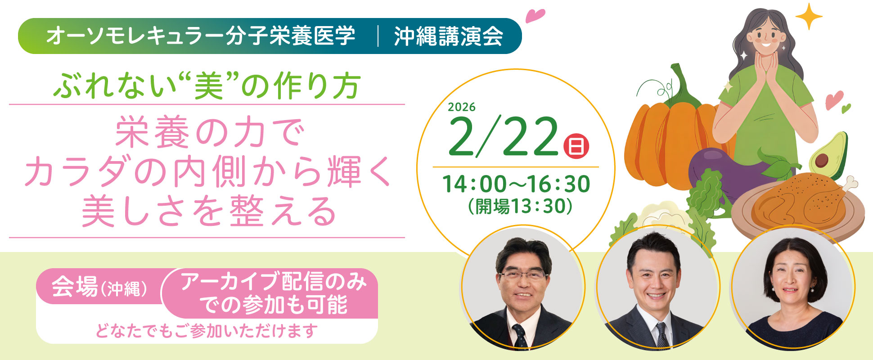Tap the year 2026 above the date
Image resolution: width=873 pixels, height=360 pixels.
462,107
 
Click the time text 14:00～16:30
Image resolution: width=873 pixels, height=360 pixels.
516,184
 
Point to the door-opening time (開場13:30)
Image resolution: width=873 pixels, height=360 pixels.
520,207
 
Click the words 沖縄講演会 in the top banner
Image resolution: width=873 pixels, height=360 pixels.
449,36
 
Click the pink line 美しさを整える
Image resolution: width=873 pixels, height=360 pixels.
209,211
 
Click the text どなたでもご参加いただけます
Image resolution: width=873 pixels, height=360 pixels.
207,331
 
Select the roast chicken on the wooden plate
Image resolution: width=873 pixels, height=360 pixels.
799,200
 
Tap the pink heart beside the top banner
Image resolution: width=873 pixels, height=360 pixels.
535,15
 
